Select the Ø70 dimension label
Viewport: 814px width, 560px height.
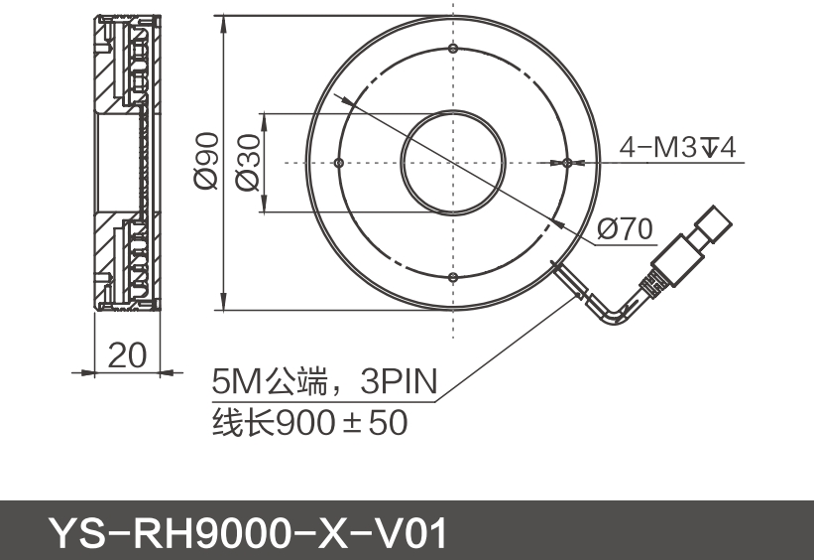tap(626, 230)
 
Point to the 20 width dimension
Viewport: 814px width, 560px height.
tap(127, 354)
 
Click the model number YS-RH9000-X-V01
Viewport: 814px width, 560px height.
tap(248, 533)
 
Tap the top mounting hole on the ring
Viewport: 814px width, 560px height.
tap(452, 49)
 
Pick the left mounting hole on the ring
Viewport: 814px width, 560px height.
tap(339, 163)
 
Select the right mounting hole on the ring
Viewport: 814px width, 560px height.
tap(566, 163)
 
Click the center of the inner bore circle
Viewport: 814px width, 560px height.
tap(452, 163)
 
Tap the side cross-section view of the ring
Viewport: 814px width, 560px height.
tap(127, 163)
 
